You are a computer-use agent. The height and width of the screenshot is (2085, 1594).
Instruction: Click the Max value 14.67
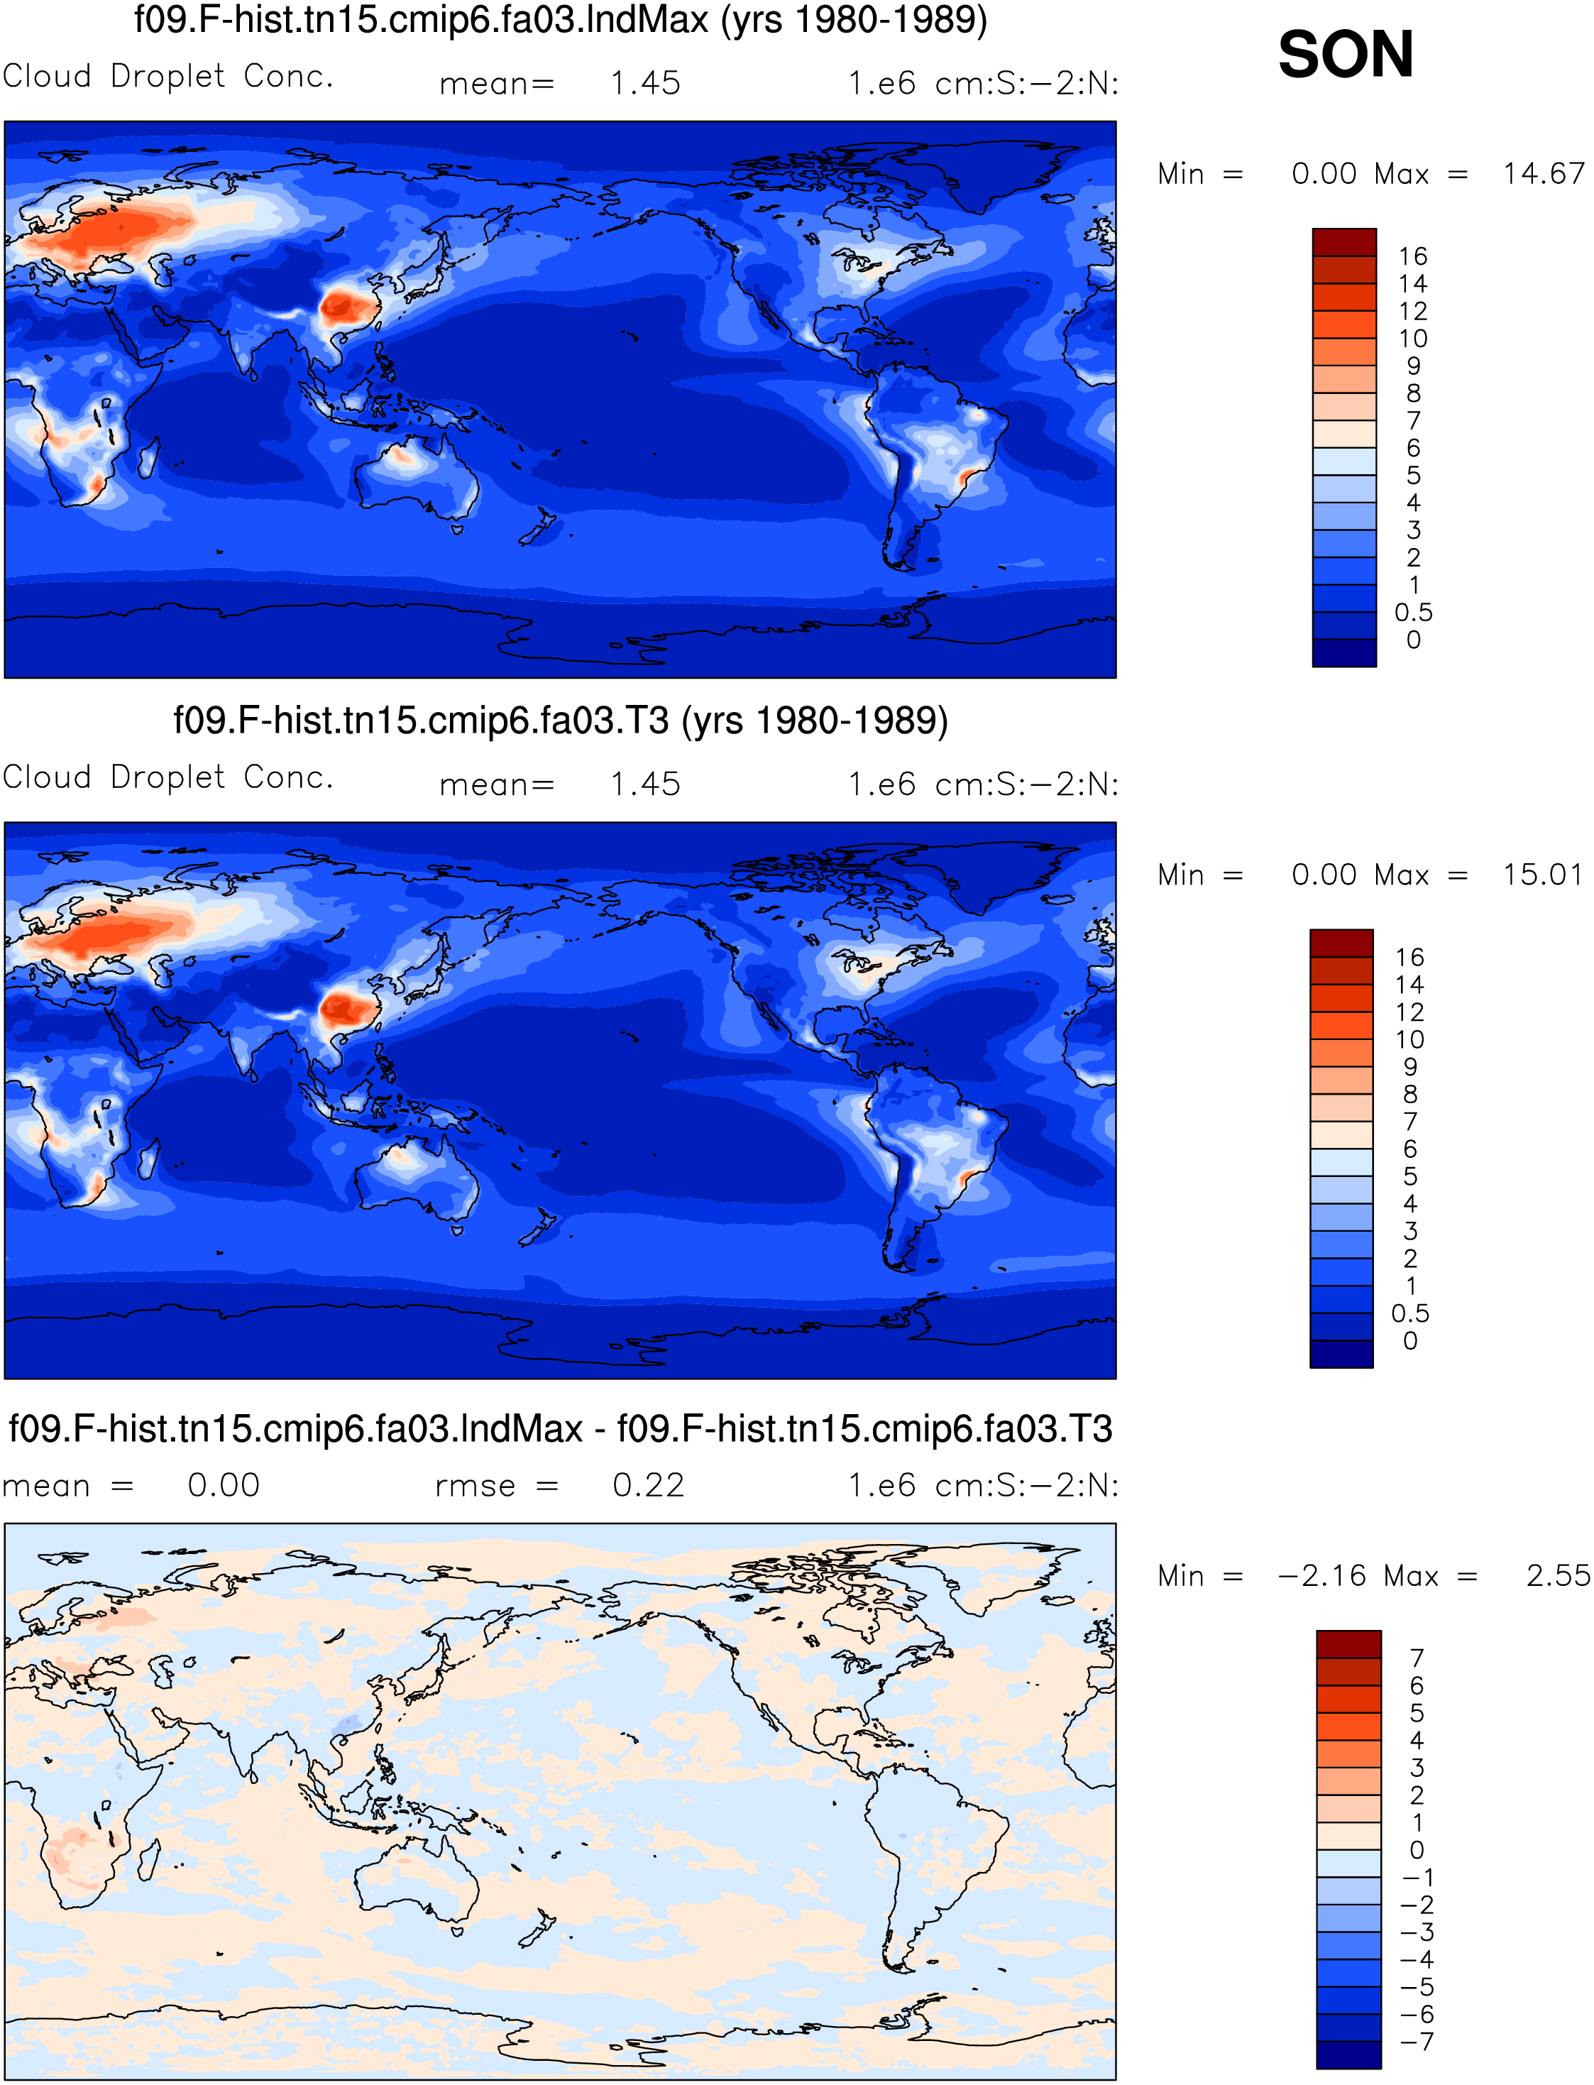1543,174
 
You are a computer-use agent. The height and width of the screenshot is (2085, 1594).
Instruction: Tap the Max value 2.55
1557,1575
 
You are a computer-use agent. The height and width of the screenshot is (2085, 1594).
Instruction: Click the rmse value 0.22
648,1485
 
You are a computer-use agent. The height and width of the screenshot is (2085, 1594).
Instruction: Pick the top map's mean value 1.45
645,84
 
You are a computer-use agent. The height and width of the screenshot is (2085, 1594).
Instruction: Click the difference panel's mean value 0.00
223,1485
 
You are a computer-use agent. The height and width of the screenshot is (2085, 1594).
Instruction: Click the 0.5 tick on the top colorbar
1413,612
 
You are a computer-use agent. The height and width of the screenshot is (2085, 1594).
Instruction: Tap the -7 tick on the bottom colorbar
1417,2042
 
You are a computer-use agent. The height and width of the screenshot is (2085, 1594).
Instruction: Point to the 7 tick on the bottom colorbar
1417,1658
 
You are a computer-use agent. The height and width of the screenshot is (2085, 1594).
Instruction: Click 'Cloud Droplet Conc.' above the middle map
168,777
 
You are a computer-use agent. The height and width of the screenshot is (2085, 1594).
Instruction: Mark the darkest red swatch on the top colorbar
1343,242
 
